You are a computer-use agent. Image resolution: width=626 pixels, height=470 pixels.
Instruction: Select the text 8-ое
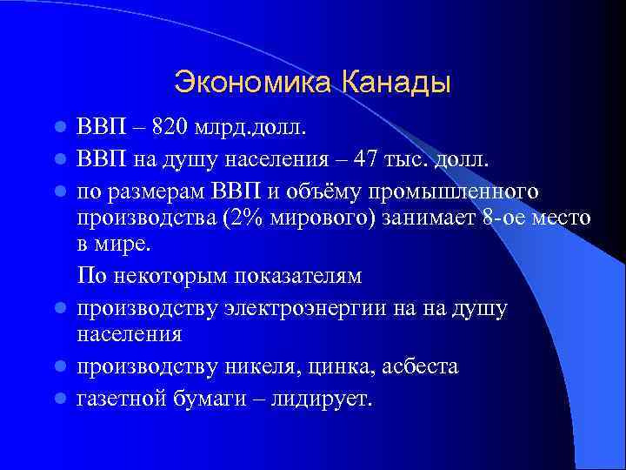click(x=504, y=217)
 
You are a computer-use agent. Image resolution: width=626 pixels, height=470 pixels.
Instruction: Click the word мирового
click(x=321, y=217)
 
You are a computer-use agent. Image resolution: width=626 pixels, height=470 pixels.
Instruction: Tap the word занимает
click(x=428, y=217)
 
